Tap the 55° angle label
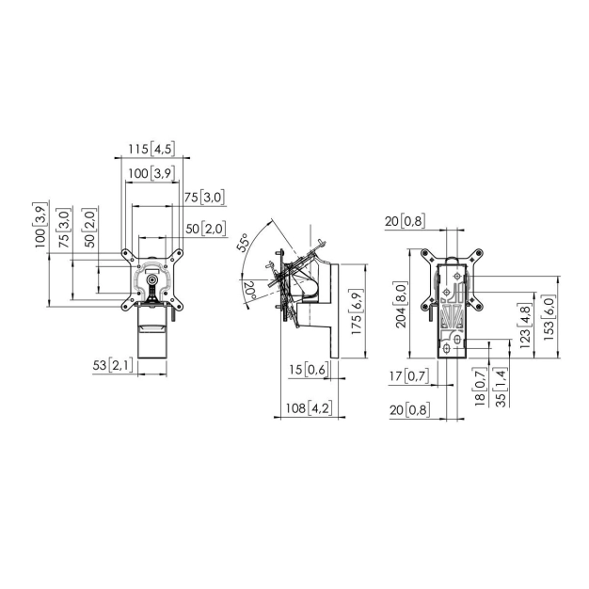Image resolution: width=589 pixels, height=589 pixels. (x=244, y=243)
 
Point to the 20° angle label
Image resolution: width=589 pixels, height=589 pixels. (x=249, y=291)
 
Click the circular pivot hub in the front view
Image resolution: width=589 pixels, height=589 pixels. (x=152, y=279)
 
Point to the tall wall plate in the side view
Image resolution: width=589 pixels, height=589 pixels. (x=335, y=310)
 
